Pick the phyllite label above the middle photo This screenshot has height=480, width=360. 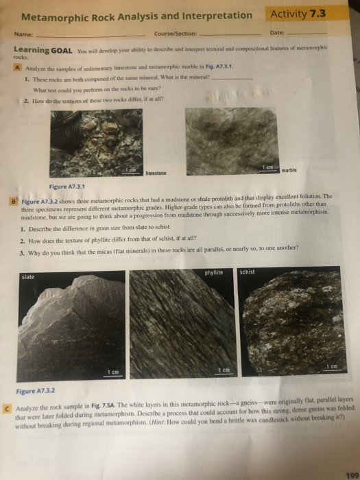point(214,272)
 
